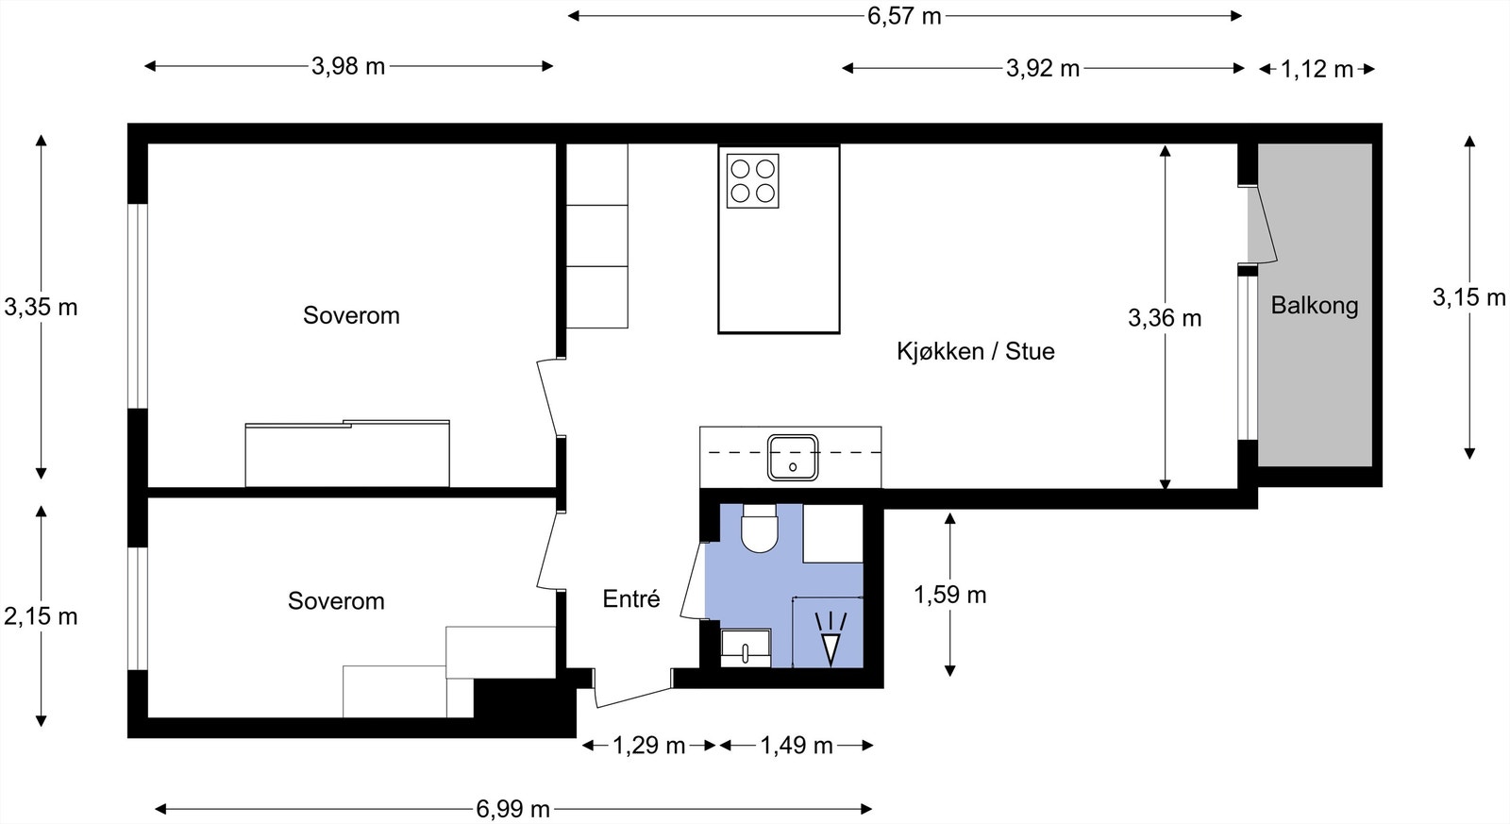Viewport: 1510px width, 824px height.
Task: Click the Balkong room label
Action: point(1314,306)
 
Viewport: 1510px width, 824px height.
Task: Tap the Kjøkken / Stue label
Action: point(975,351)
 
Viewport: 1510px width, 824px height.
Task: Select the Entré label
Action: point(630,598)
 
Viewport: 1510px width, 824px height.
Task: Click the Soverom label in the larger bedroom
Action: point(351,315)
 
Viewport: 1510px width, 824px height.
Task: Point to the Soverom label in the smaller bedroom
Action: point(336,601)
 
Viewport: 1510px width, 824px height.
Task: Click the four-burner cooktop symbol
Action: point(752,181)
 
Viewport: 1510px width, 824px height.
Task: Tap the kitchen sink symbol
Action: point(792,457)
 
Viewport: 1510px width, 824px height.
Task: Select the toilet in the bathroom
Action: point(759,529)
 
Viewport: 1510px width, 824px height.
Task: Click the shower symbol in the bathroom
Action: point(830,638)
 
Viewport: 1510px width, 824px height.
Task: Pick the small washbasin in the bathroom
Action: point(745,648)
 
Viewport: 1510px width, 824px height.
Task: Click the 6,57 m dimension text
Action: point(904,16)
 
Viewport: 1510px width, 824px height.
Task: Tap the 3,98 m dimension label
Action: point(348,66)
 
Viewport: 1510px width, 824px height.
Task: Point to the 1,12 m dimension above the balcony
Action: point(1317,69)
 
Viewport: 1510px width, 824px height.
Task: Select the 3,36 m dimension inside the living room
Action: point(1165,318)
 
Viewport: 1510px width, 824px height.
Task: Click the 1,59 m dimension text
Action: point(949,595)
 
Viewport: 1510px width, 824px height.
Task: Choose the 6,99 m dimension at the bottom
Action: point(512,809)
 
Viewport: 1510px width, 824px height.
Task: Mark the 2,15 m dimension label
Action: point(41,616)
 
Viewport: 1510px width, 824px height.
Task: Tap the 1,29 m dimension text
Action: point(648,746)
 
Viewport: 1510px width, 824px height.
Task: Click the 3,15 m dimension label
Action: point(1468,297)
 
